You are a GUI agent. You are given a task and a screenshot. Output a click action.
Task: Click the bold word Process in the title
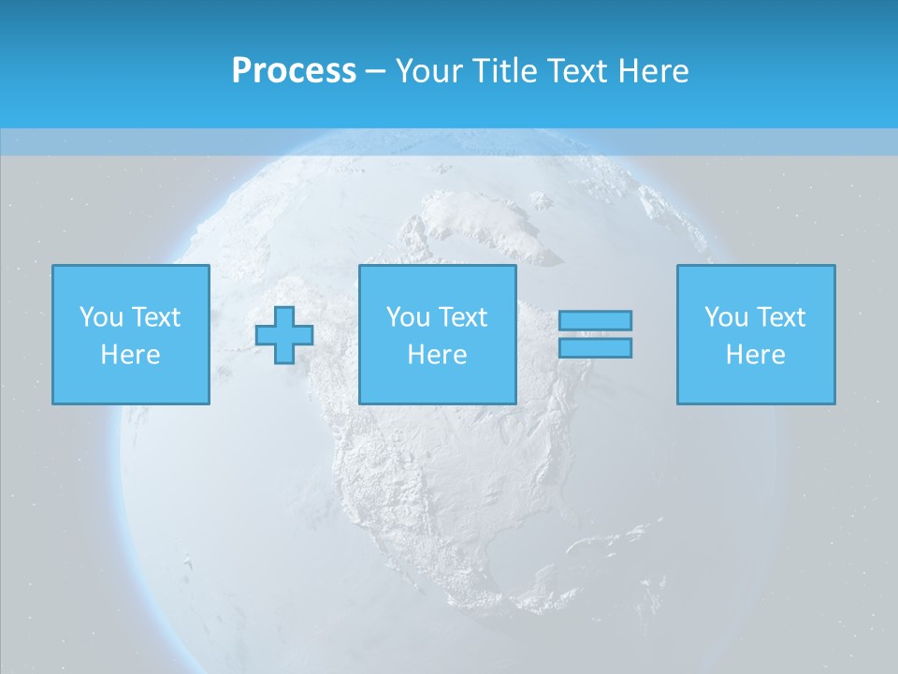coord(294,71)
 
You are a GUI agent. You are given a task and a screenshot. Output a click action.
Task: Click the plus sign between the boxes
coord(284,335)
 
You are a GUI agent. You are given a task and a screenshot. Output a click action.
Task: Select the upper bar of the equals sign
coord(595,320)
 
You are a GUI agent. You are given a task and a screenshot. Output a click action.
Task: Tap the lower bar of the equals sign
coord(595,347)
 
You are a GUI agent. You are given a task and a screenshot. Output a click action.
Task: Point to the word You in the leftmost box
coord(100,317)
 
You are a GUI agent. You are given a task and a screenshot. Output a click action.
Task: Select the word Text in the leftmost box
coord(155,317)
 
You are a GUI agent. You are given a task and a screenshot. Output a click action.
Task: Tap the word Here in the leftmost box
coord(131,355)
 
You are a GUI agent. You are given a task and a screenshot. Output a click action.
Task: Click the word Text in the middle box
coord(462,317)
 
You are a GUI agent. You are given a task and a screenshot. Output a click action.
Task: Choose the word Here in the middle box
coord(438,355)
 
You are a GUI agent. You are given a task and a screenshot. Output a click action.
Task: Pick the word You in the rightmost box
coord(726,317)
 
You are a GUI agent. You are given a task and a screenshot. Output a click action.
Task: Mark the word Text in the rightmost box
coord(780,317)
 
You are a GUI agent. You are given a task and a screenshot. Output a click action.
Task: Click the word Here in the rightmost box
coord(756,355)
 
